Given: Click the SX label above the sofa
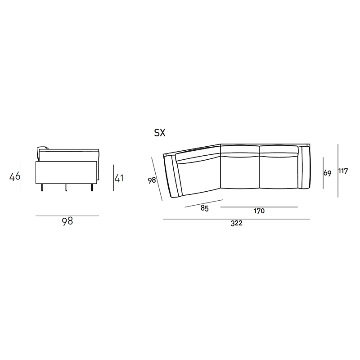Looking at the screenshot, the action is pyautogui.click(x=160, y=133).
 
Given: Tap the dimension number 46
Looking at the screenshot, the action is pyautogui.click(x=15, y=176).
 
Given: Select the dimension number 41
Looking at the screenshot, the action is pyautogui.click(x=119, y=178).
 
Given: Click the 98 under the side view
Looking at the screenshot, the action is pyautogui.click(x=67, y=221).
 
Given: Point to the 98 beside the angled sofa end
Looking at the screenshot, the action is pyautogui.click(x=152, y=180).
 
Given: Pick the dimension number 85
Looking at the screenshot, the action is pyautogui.click(x=205, y=208).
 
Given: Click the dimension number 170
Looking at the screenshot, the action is pyautogui.click(x=259, y=211).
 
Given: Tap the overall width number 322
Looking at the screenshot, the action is pyautogui.click(x=237, y=223).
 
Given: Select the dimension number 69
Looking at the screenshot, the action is pyautogui.click(x=328, y=173).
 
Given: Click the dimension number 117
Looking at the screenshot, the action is pyautogui.click(x=343, y=171).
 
